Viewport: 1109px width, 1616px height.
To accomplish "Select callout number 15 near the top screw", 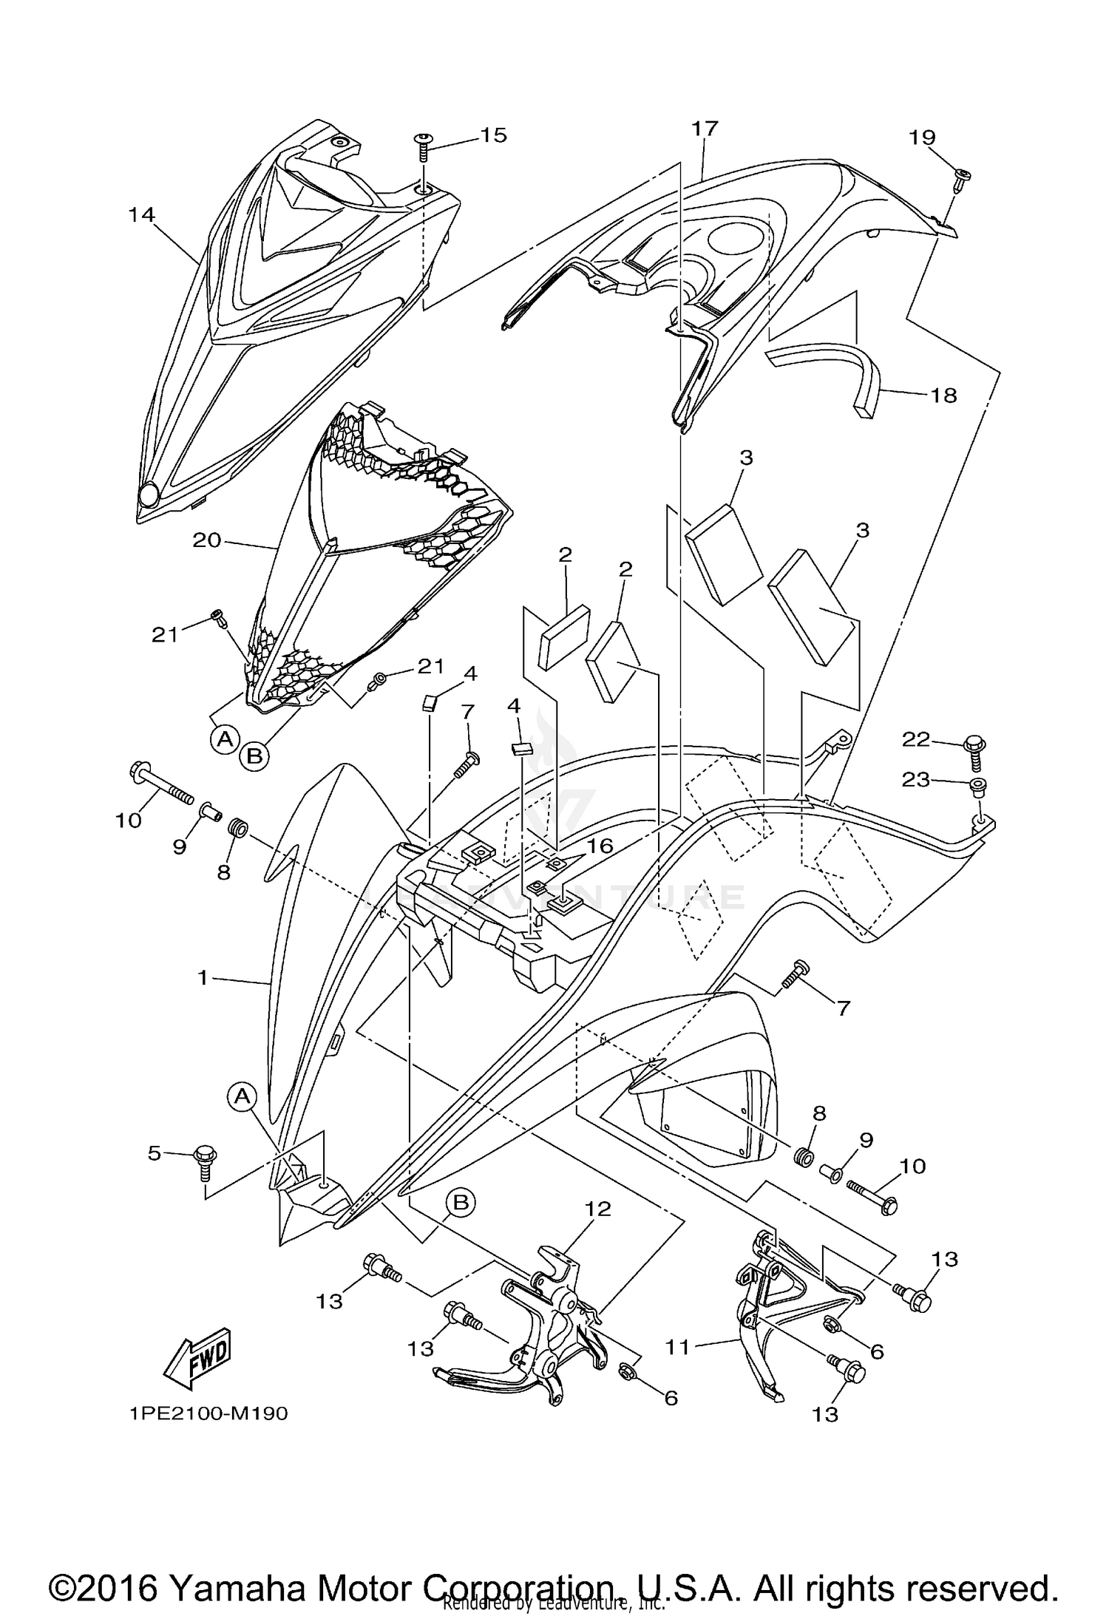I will [x=493, y=135].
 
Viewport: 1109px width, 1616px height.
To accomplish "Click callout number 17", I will [x=705, y=129].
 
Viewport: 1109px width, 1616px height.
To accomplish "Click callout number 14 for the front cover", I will [x=141, y=214].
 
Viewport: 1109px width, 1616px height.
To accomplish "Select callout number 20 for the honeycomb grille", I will [x=207, y=540].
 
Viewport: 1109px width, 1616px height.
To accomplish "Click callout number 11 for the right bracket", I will [x=677, y=1347].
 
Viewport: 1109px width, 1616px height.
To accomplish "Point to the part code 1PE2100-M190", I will [x=209, y=1413].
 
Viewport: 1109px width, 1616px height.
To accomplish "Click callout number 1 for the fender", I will [x=203, y=977].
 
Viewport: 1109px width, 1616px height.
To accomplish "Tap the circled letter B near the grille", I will [x=254, y=756].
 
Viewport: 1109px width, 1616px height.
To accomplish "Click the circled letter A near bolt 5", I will [x=242, y=1097].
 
